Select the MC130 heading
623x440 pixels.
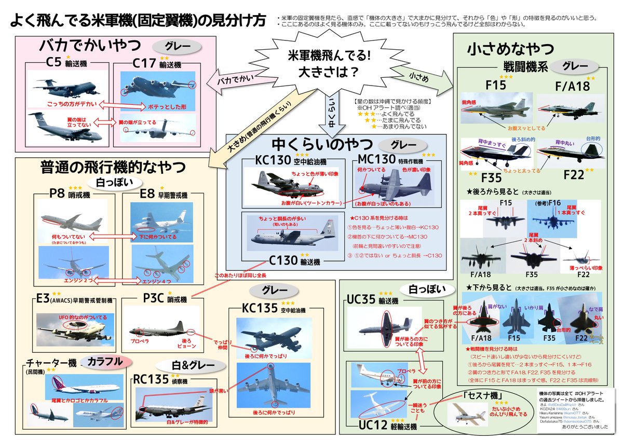pyautogui.click(x=378, y=158)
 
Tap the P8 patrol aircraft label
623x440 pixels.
pyautogui.click(x=57, y=193)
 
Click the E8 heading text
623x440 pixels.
pyautogui.click(x=146, y=193)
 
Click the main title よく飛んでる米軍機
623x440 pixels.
pyautogui.click(x=138, y=21)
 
